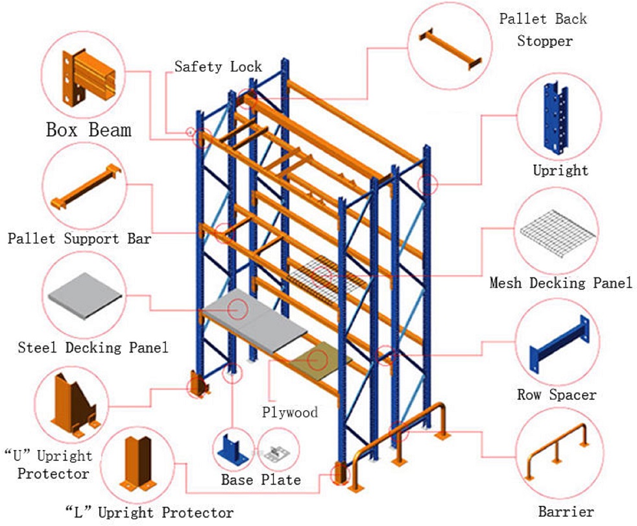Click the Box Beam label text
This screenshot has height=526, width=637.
(x=88, y=129)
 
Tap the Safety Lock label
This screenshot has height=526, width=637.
(x=218, y=66)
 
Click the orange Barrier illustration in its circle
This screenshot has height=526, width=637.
(x=557, y=453)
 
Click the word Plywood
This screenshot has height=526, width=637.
(x=290, y=412)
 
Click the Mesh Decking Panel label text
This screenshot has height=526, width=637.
(x=560, y=283)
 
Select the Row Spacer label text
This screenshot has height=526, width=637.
(x=556, y=394)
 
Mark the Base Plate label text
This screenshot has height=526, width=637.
(x=261, y=480)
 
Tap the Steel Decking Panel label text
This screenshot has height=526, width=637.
(x=93, y=347)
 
